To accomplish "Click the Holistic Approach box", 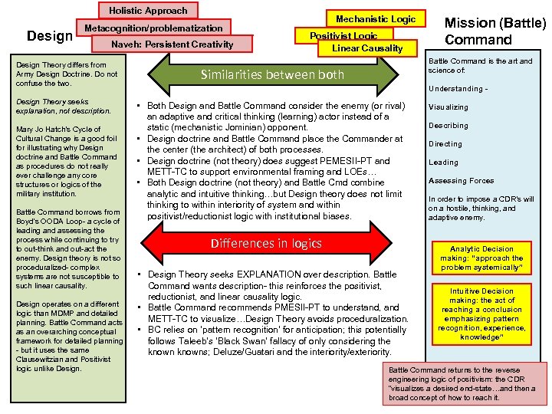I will [148, 11].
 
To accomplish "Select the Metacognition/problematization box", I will [153, 28].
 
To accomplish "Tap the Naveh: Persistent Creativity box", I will [172, 44].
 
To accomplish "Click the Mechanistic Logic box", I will [376, 18].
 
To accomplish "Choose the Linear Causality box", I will [367, 48].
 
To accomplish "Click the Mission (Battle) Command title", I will [495, 31].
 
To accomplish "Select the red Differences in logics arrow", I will [266, 244].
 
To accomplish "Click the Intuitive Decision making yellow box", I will [481, 314].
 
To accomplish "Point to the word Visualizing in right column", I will [449, 107].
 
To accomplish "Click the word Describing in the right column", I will [449, 126].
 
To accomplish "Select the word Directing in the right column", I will [445, 144].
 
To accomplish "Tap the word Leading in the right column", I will [443, 163].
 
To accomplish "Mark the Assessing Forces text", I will [461, 181].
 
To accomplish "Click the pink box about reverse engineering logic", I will [467, 383].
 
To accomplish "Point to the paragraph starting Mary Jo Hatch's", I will [67, 161].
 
